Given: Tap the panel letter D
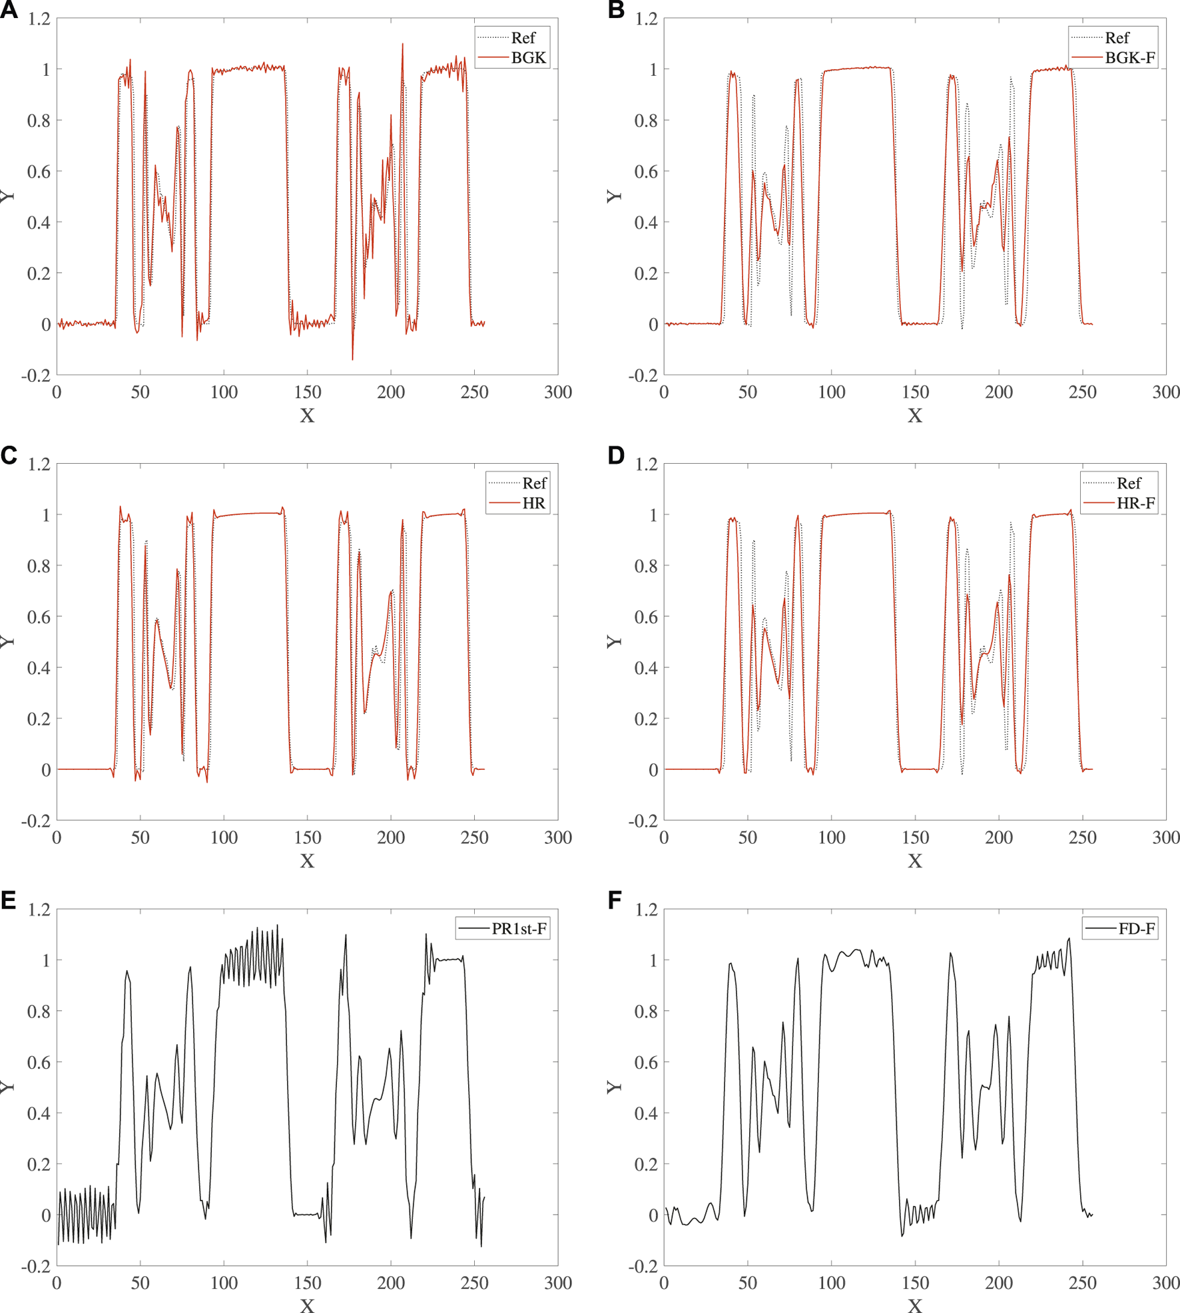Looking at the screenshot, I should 616,455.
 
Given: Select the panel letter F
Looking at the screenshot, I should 615,900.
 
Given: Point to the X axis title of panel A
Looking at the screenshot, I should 307,416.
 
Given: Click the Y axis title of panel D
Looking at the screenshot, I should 613,641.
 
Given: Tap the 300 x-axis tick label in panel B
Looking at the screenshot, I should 1165,392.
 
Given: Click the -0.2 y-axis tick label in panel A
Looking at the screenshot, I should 36,375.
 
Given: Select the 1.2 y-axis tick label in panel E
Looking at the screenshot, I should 39,910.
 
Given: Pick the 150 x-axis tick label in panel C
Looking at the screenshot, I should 307,837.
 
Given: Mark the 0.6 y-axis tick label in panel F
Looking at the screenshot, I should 645,1062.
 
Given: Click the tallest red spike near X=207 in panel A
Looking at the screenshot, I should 402,45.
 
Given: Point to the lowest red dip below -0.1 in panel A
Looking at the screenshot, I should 352,359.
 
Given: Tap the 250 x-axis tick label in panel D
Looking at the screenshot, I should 1082,837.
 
